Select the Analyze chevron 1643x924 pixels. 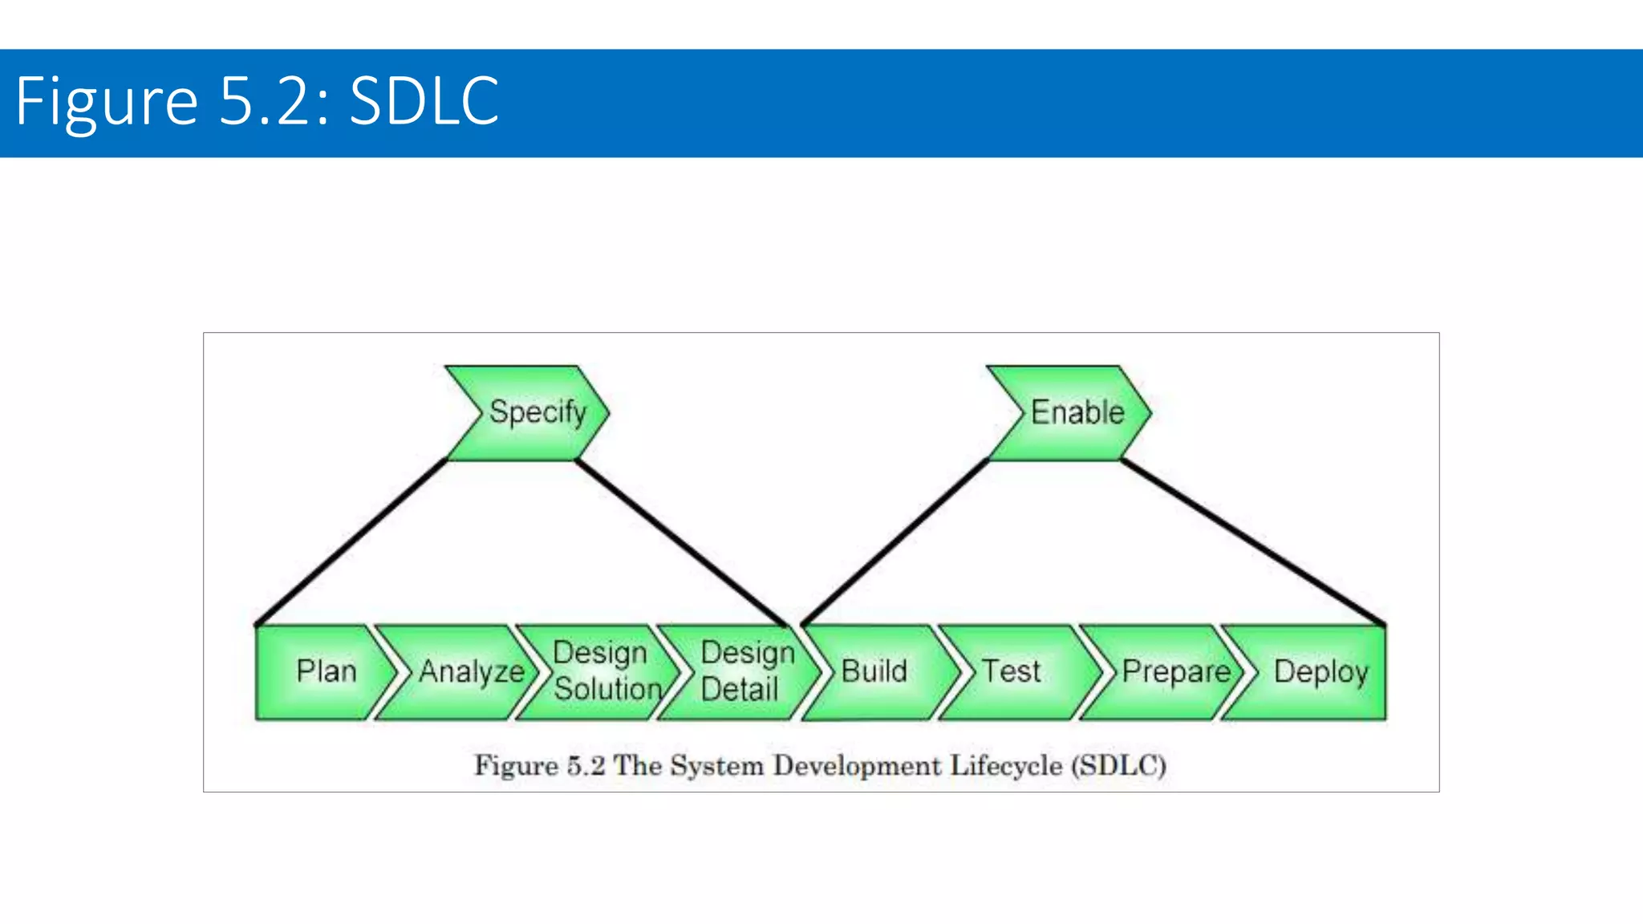pyautogui.click(x=469, y=672)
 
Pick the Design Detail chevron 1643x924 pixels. pyautogui.click(x=742, y=672)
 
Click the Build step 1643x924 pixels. pyautogui.click(x=874, y=672)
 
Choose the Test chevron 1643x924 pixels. pyautogui.click(x=1012, y=672)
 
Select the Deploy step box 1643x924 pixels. pyautogui.click(x=1320, y=672)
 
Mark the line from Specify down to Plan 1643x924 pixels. pyautogui.click(x=351, y=542)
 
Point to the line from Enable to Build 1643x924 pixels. pyautogui.click(x=895, y=542)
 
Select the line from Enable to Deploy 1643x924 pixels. pyautogui.click(x=1253, y=542)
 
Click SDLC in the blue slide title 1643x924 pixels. pyautogui.click(x=424, y=101)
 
